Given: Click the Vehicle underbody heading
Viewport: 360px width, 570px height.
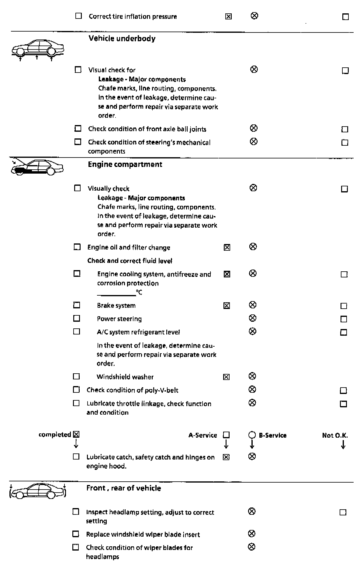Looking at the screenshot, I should point(122,39).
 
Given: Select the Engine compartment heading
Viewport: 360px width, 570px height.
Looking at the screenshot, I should point(125,165).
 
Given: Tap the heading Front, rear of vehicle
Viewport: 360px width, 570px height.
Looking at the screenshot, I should point(123,488).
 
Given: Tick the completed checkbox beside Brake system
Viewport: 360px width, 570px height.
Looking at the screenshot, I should point(77,305).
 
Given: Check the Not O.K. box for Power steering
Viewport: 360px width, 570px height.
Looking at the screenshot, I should point(344,319).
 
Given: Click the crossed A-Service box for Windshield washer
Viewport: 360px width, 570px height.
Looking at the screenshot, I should point(226,377).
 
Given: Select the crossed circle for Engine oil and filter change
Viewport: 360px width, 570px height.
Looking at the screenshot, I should point(253,246).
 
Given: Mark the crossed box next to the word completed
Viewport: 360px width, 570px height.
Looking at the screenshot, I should point(76,434).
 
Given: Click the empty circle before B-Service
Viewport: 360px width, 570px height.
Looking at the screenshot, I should point(252,435).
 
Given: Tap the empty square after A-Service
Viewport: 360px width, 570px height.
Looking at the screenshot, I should point(226,435).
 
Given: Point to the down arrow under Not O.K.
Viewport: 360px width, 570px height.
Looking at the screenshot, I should point(343,445).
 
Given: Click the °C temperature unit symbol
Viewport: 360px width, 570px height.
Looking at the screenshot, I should point(139,293).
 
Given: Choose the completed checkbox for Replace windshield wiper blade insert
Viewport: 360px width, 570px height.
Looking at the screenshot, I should point(76,534).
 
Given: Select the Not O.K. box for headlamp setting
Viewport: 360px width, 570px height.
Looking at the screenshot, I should point(343,512).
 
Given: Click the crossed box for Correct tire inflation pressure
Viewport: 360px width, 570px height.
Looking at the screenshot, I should point(228,16).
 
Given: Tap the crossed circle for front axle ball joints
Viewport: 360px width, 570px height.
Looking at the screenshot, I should point(254,128).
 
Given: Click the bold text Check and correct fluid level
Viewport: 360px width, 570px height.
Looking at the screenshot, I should point(130,261).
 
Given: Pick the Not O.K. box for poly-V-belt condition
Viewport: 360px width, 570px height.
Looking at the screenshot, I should point(343,390).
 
